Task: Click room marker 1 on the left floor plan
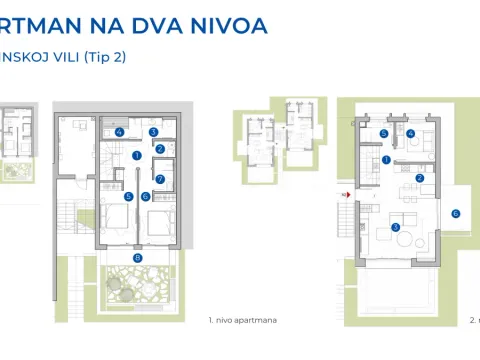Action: (136, 155)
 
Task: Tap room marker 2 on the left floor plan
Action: (160, 149)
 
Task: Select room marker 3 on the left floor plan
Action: (154, 131)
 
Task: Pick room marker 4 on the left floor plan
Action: (119, 131)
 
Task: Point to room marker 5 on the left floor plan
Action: (128, 196)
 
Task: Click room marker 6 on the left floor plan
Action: (146, 196)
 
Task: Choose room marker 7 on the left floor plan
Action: (160, 179)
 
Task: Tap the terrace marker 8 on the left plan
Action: (138, 258)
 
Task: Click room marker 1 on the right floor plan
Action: (386, 159)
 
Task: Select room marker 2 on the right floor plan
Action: (420, 178)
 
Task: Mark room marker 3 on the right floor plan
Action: (396, 227)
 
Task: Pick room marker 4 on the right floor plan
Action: (412, 132)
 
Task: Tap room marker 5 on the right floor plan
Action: (385, 133)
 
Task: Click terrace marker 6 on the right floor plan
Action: (455, 212)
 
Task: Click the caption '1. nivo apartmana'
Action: (242, 321)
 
